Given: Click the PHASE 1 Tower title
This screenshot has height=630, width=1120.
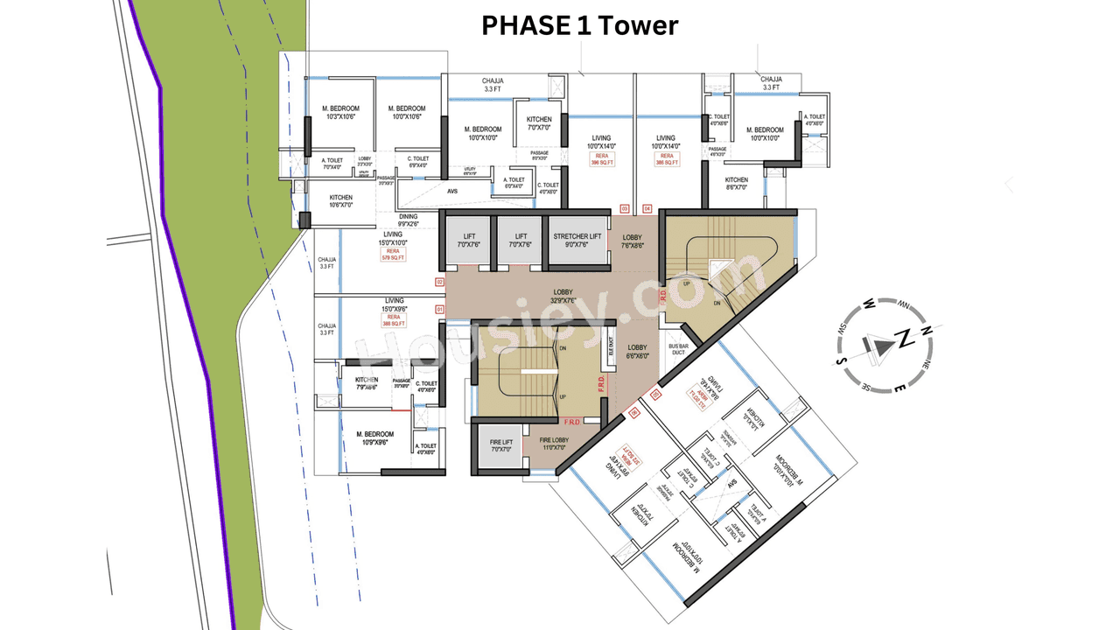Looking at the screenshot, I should click(579, 25).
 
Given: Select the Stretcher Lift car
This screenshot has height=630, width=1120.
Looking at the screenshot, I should click(577, 241).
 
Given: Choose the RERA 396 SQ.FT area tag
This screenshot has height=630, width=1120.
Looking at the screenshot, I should click(602, 159).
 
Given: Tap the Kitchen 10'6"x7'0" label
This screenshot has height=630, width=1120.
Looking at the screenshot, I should click(341, 201).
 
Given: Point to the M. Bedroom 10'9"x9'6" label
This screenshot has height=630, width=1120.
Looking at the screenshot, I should click(374, 438).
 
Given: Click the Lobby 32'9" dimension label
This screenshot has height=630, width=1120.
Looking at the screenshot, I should click(563, 296).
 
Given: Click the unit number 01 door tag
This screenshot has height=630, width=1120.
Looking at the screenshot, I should click(438, 309).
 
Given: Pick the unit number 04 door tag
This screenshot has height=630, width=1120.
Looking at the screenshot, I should click(647, 208).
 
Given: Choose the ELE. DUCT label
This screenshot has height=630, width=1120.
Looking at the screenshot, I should click(611, 347).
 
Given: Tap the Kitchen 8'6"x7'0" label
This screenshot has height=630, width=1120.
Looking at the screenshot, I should click(736, 183).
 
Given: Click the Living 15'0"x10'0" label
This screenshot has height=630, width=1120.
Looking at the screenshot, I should click(393, 238).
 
